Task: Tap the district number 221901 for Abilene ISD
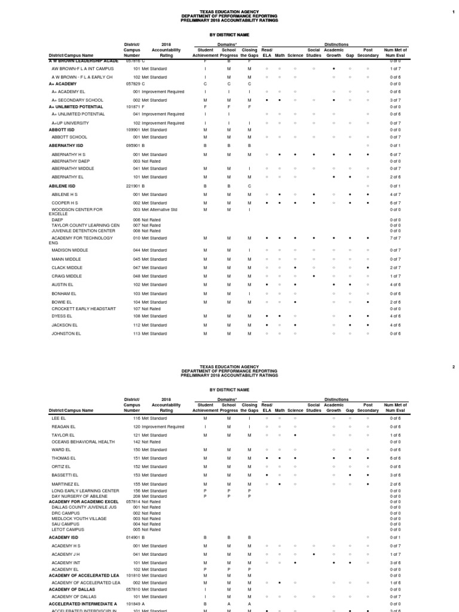click(133, 185)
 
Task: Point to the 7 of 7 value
click(395, 238)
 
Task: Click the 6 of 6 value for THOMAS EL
click(395, 458)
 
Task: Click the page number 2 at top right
click(454, 366)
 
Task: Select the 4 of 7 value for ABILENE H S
click(395, 195)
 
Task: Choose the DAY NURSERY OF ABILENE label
click(74, 496)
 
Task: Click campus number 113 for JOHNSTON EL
click(136, 333)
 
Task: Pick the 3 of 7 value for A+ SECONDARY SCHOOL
click(395, 100)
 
